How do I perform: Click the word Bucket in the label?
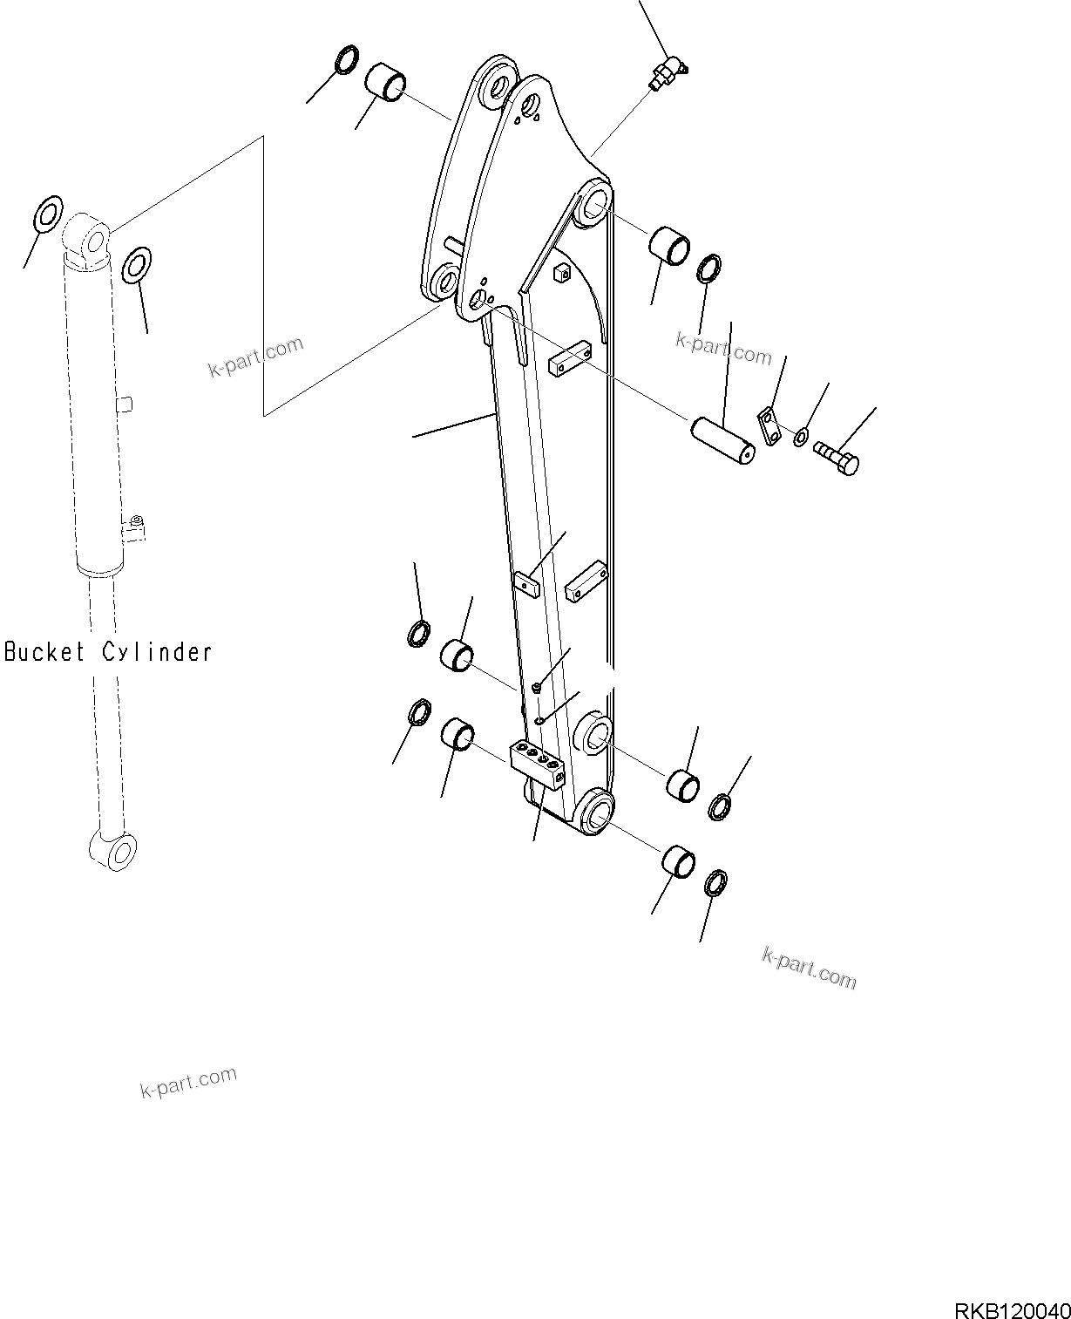44,651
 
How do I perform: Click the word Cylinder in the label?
158,651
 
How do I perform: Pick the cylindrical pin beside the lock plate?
722,441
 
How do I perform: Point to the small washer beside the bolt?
801,436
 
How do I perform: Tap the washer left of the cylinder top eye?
49,214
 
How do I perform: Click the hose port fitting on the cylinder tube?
134,527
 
